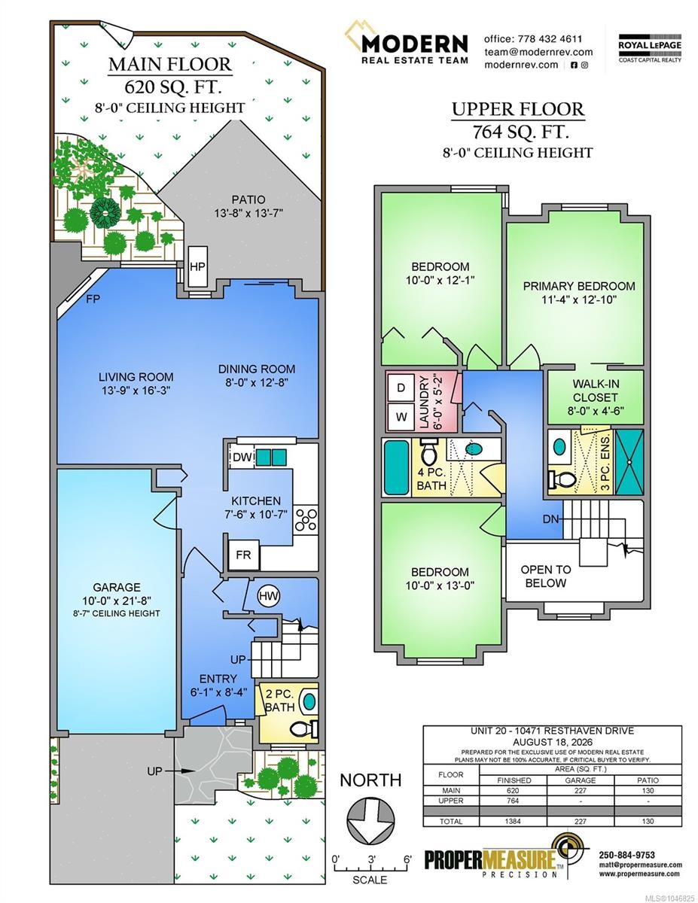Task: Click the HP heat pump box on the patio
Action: [197, 266]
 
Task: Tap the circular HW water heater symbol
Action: [269, 596]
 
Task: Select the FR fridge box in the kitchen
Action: [244, 555]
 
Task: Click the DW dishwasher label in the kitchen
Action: [242, 458]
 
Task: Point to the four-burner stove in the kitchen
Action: [306, 520]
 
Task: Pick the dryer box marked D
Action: [401, 388]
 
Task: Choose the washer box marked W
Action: [401, 417]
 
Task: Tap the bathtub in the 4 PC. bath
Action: [396, 467]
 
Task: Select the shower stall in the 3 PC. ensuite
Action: [629, 461]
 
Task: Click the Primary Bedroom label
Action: [579, 286]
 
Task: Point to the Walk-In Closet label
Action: [596, 391]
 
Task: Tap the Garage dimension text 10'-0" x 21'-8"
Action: [117, 600]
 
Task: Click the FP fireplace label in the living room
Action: [93, 299]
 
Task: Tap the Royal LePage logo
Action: [651, 48]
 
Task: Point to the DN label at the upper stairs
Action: [551, 519]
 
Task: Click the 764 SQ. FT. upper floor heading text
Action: [520, 132]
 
